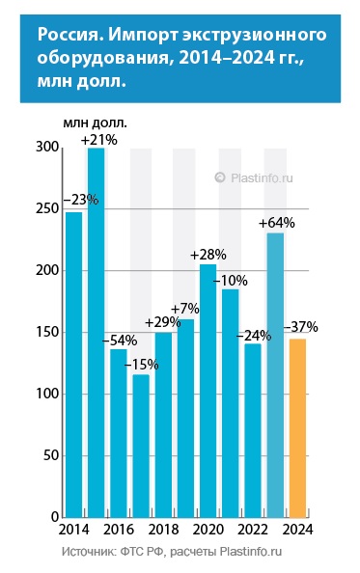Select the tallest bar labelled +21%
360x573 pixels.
(x=97, y=333)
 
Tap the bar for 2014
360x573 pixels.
(x=74, y=365)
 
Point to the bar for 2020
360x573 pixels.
(x=208, y=391)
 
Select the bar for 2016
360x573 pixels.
(x=119, y=433)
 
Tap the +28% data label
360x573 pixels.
(x=208, y=255)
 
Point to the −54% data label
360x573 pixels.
(x=119, y=340)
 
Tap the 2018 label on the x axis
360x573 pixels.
(x=162, y=532)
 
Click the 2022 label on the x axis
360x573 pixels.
(x=252, y=532)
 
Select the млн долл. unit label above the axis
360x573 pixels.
(x=95, y=123)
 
